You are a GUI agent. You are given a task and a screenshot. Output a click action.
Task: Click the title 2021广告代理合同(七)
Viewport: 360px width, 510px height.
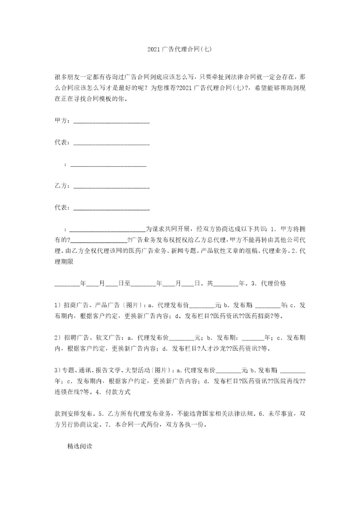(x=179, y=50)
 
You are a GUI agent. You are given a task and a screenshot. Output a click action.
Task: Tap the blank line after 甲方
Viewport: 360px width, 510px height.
(x=111, y=122)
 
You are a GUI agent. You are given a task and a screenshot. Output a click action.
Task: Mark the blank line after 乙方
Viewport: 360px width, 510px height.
(x=111, y=187)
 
